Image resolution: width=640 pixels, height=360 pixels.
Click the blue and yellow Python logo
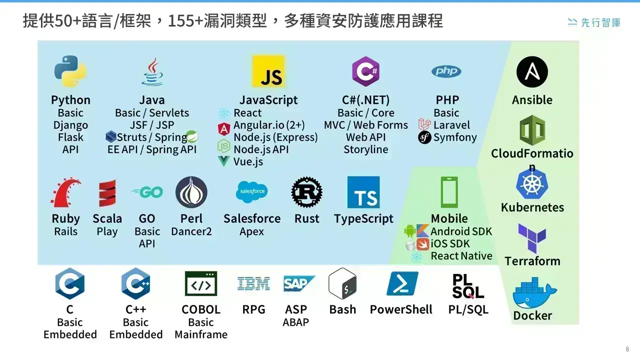point(70,71)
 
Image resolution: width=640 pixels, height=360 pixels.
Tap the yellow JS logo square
point(268,71)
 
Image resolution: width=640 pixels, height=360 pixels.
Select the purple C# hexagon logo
point(365,71)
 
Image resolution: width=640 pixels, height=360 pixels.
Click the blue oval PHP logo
point(446,71)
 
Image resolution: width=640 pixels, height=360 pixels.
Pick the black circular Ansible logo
point(532,71)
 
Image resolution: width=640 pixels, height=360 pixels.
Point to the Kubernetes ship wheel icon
point(532,184)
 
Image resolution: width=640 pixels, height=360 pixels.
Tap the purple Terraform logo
point(532,238)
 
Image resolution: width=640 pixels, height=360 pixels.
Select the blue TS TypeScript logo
point(363,192)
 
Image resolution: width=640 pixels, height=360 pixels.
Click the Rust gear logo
point(306,192)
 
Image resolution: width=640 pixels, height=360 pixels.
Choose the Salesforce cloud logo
point(251,191)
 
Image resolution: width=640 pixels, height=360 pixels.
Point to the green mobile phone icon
point(449,192)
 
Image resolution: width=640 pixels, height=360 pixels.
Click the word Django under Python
point(70,125)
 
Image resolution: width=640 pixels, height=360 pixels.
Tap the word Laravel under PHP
point(451,125)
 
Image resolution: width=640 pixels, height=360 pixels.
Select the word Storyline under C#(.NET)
point(365,149)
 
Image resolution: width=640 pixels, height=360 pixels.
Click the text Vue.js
point(248,161)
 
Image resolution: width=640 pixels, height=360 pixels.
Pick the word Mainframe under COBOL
point(201,334)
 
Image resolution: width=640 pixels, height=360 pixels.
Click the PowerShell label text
point(401,309)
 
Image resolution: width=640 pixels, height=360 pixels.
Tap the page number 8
point(627,349)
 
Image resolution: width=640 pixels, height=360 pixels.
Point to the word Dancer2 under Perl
point(191,231)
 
